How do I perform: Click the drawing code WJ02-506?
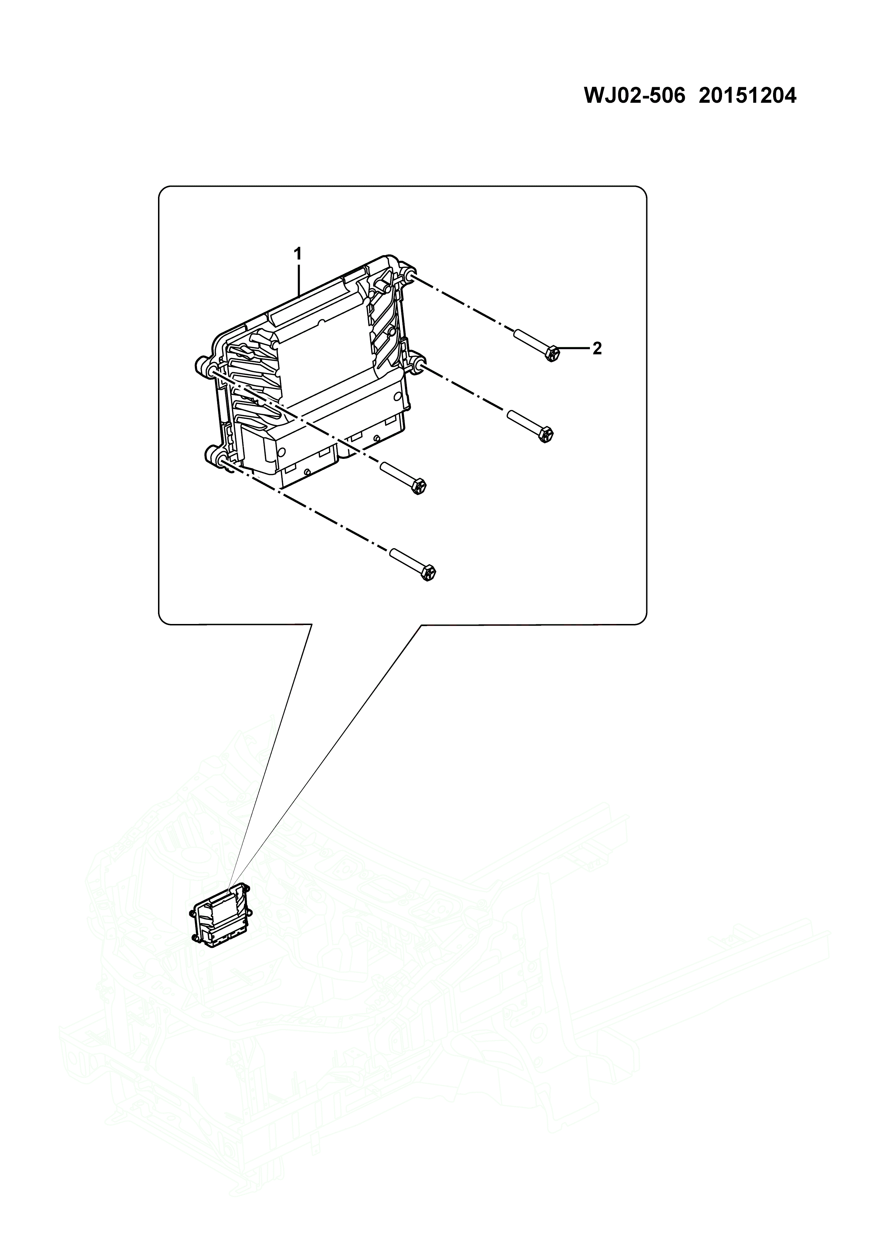point(634,96)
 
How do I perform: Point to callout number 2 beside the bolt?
point(597,349)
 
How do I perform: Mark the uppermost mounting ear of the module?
point(407,277)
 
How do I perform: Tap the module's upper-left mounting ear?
point(202,365)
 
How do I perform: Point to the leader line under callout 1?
point(298,279)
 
